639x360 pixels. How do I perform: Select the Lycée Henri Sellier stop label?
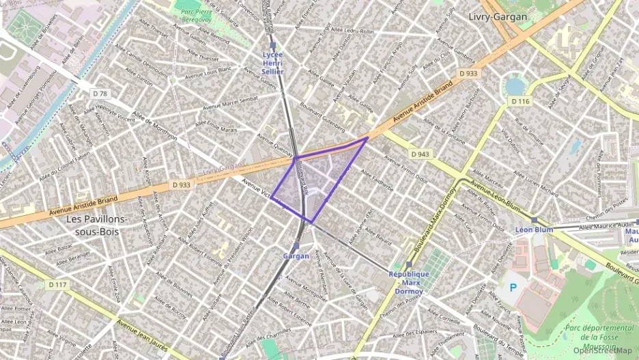click(273, 62)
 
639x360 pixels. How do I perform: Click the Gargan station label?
click(296, 256)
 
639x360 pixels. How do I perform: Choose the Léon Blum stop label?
click(534, 230)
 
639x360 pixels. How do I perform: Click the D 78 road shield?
click(100, 93)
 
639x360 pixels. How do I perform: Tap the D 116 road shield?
click(521, 101)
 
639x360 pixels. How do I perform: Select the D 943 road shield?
click(421, 154)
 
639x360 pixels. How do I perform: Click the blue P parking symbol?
click(513, 288)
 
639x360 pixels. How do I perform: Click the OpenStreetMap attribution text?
click(602, 350)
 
